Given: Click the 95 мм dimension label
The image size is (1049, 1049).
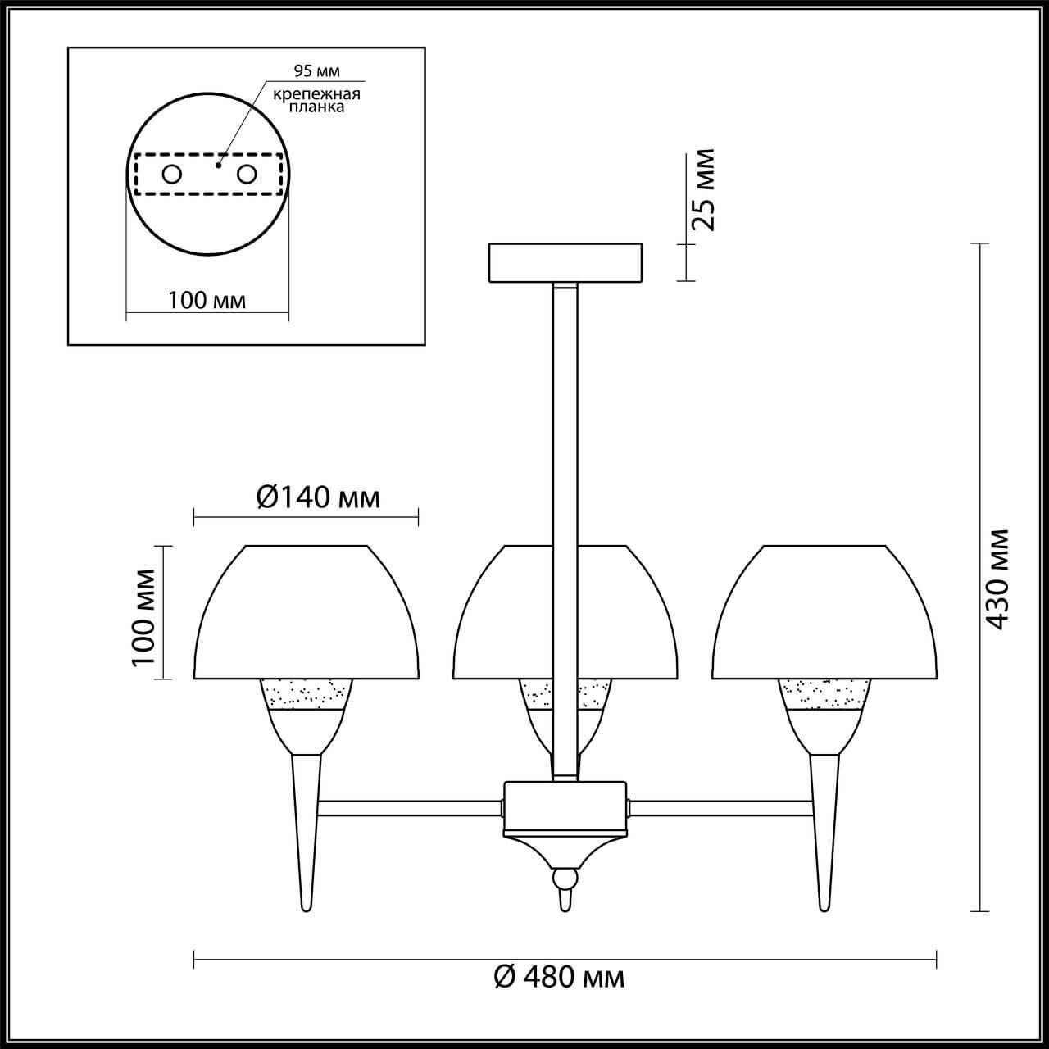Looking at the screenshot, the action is (x=316, y=70).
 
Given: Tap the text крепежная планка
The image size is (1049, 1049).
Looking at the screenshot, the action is (x=316, y=100).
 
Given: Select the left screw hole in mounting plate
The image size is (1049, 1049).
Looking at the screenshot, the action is (x=172, y=175).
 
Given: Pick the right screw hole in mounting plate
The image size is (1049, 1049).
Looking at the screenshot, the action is (x=247, y=175).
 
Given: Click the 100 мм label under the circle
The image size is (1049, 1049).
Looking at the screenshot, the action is (x=207, y=300).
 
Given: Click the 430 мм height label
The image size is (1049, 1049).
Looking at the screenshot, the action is (x=997, y=579).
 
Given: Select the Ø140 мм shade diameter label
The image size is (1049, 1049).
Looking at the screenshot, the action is (x=318, y=497).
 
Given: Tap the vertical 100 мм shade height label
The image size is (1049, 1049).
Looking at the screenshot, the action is (x=143, y=617).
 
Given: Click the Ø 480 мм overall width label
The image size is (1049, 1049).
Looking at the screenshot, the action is (x=559, y=977).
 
